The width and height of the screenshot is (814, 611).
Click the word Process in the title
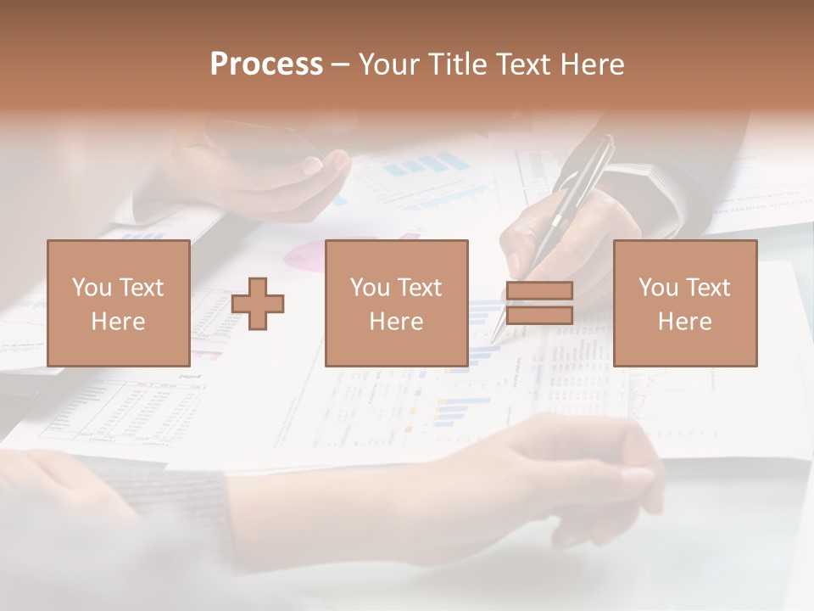266,64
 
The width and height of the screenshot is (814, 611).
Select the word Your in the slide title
390,64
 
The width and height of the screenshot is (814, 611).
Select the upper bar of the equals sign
539,291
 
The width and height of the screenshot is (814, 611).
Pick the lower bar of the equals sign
539,316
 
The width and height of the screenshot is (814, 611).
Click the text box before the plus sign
118,303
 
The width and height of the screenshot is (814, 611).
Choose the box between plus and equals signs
396,303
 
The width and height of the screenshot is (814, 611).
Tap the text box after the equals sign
684,303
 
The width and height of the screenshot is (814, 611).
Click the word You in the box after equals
658,288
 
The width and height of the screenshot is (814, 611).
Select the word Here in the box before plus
118,322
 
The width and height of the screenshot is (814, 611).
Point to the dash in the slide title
340,64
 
